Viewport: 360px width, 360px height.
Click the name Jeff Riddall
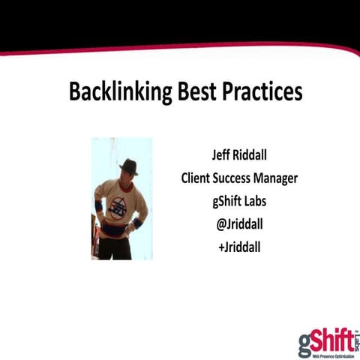[239, 157]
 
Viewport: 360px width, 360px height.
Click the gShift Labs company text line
[239, 200]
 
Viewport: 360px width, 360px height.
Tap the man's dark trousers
[118, 248]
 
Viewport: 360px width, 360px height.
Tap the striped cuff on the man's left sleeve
[138, 223]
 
